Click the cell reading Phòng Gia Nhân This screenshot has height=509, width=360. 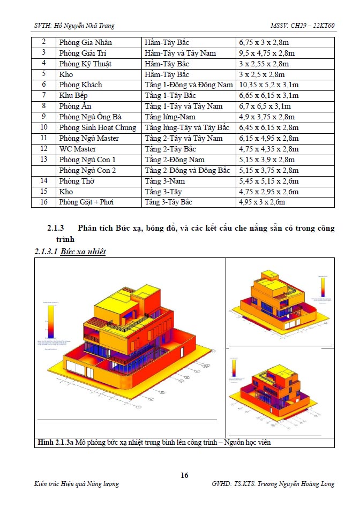click(x=86, y=42)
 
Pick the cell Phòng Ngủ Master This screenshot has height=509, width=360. click(x=89, y=138)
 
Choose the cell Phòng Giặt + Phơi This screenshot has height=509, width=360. click(x=86, y=202)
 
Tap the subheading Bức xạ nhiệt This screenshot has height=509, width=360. click(x=82, y=251)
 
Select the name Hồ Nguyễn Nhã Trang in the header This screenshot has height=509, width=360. click(x=84, y=25)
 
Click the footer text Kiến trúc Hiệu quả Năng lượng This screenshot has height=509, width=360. click(x=76, y=484)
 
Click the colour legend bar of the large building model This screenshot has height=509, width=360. click(x=50, y=321)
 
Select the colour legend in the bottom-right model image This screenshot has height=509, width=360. click(x=234, y=367)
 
